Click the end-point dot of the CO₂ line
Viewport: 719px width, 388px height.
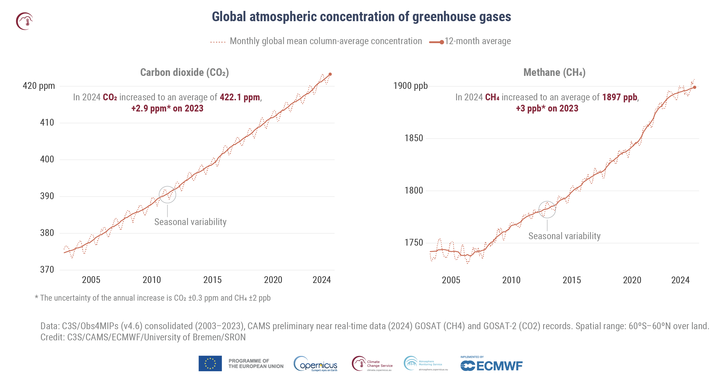(x=330, y=74)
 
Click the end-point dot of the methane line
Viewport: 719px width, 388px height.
(x=695, y=87)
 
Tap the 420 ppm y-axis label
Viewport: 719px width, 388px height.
(x=39, y=86)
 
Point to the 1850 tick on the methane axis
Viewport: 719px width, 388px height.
(x=414, y=138)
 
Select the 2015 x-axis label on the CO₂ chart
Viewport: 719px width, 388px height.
(x=212, y=280)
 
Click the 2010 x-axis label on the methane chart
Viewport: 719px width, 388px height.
(x=511, y=280)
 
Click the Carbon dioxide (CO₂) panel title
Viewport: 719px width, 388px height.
(x=184, y=72)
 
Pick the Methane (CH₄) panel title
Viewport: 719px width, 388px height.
(x=554, y=72)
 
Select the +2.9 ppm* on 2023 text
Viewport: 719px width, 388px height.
(x=167, y=108)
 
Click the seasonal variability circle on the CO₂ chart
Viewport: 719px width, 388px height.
(x=167, y=194)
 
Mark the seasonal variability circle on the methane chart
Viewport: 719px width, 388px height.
(x=547, y=209)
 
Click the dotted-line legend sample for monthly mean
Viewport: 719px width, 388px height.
(x=218, y=42)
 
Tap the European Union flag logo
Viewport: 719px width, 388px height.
(x=210, y=363)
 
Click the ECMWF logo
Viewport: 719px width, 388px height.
(x=491, y=365)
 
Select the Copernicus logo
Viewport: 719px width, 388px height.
(x=316, y=364)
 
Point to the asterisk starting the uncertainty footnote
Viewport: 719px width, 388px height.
(x=37, y=297)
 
